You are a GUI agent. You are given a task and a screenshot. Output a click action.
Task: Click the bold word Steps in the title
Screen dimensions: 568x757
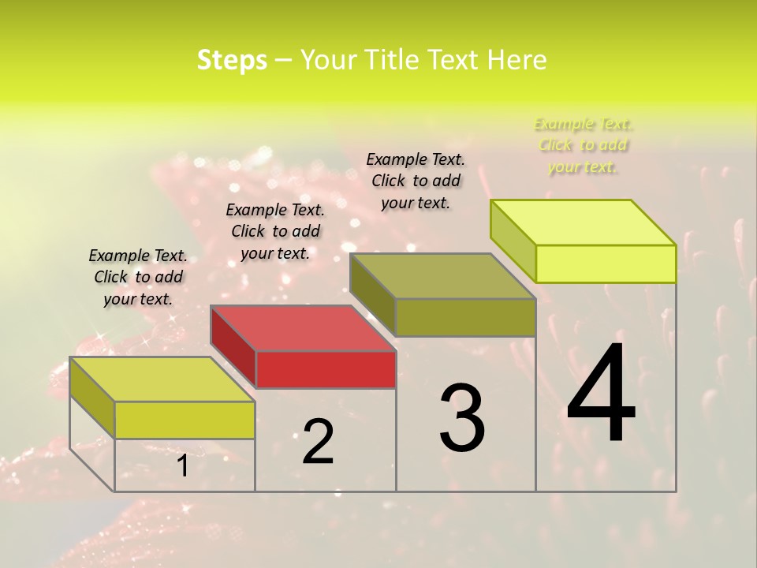tap(232, 60)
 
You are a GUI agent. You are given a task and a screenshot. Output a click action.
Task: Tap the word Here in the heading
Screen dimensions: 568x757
tap(516, 60)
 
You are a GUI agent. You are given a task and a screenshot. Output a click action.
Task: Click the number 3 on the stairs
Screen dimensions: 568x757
tap(461, 417)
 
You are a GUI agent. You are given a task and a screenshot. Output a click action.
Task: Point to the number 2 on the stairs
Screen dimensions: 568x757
tap(318, 441)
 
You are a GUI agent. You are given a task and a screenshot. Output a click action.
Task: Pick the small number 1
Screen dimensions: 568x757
tap(182, 465)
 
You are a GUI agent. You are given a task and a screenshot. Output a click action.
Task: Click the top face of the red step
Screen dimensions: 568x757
tap(303, 328)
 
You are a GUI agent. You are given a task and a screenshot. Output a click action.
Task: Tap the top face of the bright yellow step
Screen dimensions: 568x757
tap(584, 222)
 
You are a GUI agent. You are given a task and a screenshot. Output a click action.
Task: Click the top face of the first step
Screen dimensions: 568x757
tap(162, 379)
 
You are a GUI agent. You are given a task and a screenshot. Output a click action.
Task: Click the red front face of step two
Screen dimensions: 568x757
tap(326, 369)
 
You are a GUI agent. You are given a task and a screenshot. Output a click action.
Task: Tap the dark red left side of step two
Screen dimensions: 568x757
tap(233, 347)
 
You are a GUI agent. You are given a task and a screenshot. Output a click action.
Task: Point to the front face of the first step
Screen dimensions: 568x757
tap(185, 420)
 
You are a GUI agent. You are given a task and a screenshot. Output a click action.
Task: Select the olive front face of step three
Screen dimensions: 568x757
tap(465, 317)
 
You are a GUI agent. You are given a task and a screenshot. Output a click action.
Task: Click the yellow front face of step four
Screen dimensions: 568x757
tap(606, 263)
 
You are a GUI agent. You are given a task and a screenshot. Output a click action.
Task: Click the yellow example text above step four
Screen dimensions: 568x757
tap(583, 145)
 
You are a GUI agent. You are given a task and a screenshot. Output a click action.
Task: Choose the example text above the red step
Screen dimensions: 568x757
tap(275, 231)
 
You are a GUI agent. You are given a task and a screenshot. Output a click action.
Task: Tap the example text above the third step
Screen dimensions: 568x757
tap(416, 181)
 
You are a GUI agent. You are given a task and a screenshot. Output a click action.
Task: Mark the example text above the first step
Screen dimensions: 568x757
tap(138, 277)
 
